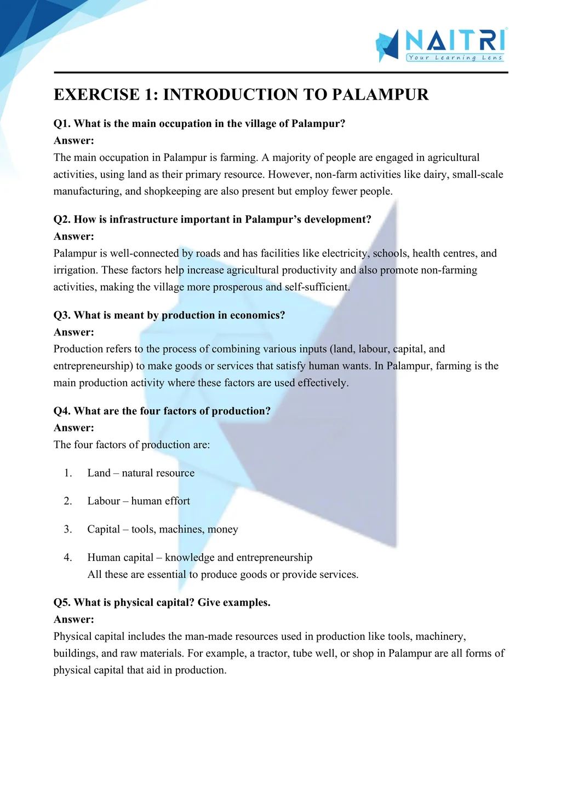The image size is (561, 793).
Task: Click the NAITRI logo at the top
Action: pyautogui.click(x=442, y=44)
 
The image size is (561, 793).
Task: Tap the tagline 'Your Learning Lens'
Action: pyautogui.click(x=455, y=57)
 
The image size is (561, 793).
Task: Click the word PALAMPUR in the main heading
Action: pyautogui.click(x=380, y=95)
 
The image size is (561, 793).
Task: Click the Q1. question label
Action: pyautogui.click(x=62, y=124)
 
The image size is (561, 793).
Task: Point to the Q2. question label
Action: pyautogui.click(x=62, y=219)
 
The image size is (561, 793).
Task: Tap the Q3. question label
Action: pyautogui.click(x=62, y=315)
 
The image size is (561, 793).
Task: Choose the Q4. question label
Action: pyautogui.click(x=62, y=411)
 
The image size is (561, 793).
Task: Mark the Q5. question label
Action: pyautogui.click(x=62, y=603)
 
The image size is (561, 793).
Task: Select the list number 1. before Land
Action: pyautogui.click(x=68, y=473)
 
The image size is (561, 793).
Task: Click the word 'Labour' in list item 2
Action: pyautogui.click(x=104, y=501)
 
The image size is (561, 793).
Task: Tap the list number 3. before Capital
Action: pyautogui.click(x=68, y=529)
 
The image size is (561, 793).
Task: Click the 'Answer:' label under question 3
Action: pyautogui.click(x=74, y=332)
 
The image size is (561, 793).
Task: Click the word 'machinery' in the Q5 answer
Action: pyautogui.click(x=440, y=636)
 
